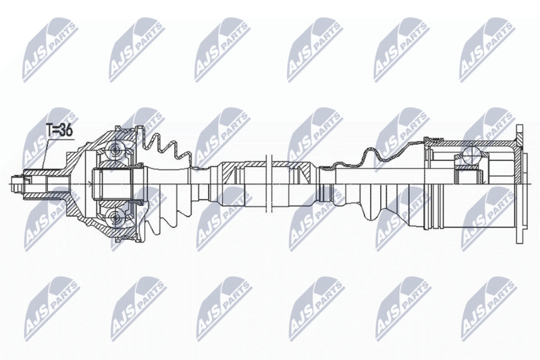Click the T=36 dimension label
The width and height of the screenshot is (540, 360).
[59, 130]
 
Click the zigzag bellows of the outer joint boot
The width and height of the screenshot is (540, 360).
[165, 148]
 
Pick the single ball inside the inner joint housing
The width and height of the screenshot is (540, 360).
[470, 155]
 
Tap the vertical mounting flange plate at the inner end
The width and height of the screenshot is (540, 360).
[519, 184]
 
